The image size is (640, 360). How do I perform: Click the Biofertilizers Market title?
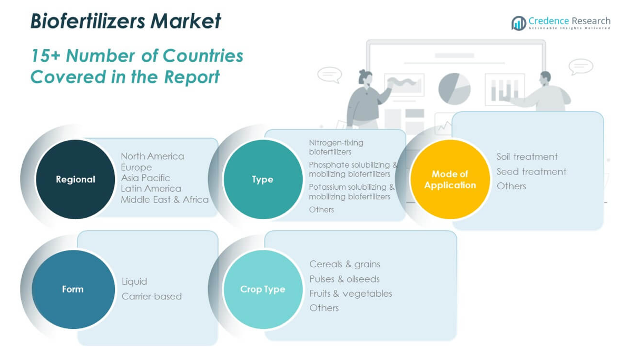[125, 21]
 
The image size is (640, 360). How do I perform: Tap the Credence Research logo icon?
[518, 23]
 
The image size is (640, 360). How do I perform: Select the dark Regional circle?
[75, 179]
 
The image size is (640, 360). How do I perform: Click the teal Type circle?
[262, 179]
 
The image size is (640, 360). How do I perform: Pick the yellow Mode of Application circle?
[450, 179]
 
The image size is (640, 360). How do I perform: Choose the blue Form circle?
[73, 289]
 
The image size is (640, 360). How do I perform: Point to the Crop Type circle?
[262, 289]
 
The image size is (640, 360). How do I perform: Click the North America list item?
[152, 156]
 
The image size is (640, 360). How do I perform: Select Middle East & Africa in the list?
[164, 199]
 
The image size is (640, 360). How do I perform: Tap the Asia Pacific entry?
[145, 178]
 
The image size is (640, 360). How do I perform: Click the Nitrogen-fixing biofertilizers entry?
[336, 147]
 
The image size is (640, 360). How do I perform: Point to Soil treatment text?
[527, 157]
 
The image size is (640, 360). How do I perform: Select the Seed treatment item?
[531, 171]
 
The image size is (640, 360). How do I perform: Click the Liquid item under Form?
[134, 281]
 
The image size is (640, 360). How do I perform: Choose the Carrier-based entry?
[152, 296]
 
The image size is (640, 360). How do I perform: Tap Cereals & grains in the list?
[344, 264]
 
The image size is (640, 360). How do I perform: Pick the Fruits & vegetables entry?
[351, 293]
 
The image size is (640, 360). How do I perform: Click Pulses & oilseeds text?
[344, 279]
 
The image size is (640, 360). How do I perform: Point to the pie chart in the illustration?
[454, 88]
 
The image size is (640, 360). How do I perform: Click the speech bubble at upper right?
[580, 67]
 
